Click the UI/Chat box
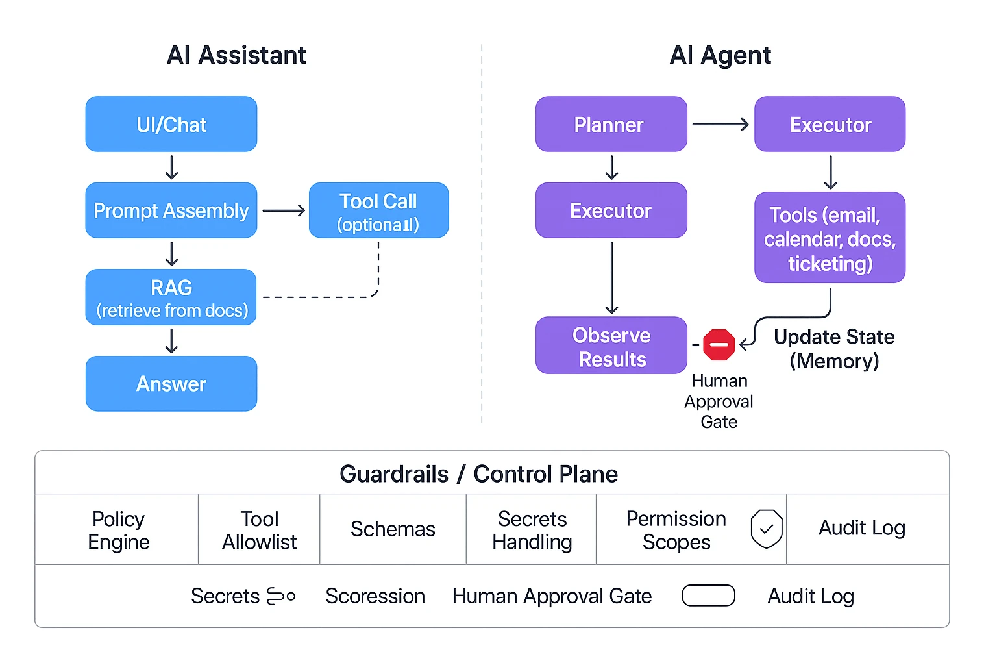pos(171,124)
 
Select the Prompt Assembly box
pos(171,210)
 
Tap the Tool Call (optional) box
pos(378,210)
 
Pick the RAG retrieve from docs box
pos(171,297)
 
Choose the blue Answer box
pos(171,384)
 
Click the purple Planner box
pos(611,124)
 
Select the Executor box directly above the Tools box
pos(830,124)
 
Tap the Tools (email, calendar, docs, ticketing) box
pos(830,238)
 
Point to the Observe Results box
pos(611,345)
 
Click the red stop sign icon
pos(719,345)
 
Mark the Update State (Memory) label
pos(834,349)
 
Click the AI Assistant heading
pos(236,55)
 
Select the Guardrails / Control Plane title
pos(478,474)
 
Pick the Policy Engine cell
pos(118,530)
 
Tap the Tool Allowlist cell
pos(259,530)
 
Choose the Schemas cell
pos(393,529)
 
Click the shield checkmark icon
pos(766,529)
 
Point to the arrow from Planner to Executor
pos(720,124)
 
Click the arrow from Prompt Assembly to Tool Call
pos(284,210)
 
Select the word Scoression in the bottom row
pos(375,596)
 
